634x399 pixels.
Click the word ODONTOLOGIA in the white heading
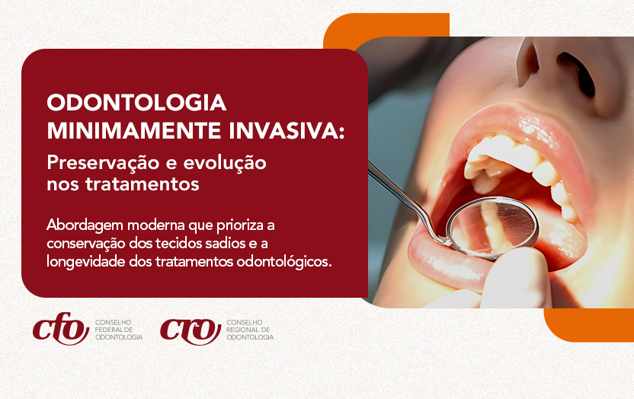[137, 103]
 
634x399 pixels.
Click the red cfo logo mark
[61, 329]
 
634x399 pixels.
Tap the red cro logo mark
[191, 329]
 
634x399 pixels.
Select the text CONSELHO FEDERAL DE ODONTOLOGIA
[119, 330]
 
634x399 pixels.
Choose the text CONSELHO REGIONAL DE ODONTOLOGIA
[250, 330]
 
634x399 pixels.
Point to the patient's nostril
[573, 64]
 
